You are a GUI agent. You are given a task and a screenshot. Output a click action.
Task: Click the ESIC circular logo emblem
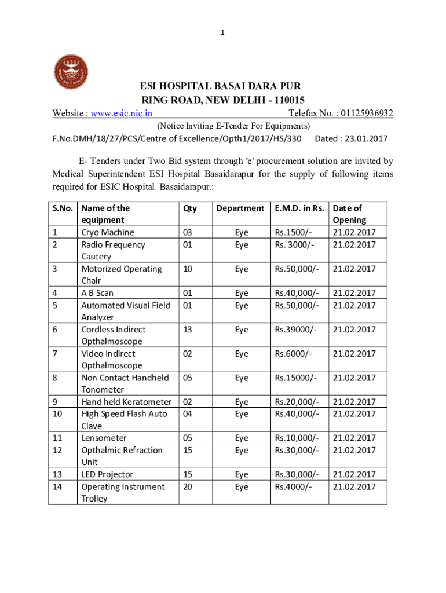72,74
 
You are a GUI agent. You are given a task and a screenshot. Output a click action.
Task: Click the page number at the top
222,33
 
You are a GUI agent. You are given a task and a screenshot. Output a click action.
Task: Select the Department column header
240,208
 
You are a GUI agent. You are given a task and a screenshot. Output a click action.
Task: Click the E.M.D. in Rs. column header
301,208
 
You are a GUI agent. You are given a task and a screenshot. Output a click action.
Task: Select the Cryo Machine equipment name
108,232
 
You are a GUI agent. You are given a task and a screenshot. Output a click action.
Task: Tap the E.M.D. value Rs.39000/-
296,330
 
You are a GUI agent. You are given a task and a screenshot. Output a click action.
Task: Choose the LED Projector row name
107,474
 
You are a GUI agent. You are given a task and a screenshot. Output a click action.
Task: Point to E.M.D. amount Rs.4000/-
294,486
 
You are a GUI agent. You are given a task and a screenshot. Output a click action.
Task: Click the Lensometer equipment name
104,438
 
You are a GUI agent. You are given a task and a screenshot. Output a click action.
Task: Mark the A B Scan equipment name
97,293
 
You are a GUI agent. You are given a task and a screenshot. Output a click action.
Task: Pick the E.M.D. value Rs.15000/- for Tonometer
296,378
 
